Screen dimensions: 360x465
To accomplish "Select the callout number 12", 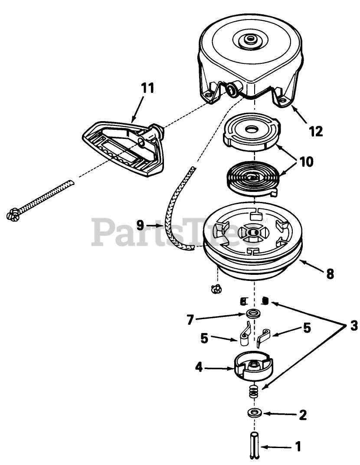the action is coord(316,131).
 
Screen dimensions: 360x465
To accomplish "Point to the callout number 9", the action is coord(140,225).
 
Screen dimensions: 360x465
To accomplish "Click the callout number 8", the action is coord(330,274).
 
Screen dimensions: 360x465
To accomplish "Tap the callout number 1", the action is coord(298,446).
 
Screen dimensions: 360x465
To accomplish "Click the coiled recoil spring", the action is coord(253,179).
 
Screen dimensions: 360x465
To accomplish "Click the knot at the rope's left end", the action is coord(14,214).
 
